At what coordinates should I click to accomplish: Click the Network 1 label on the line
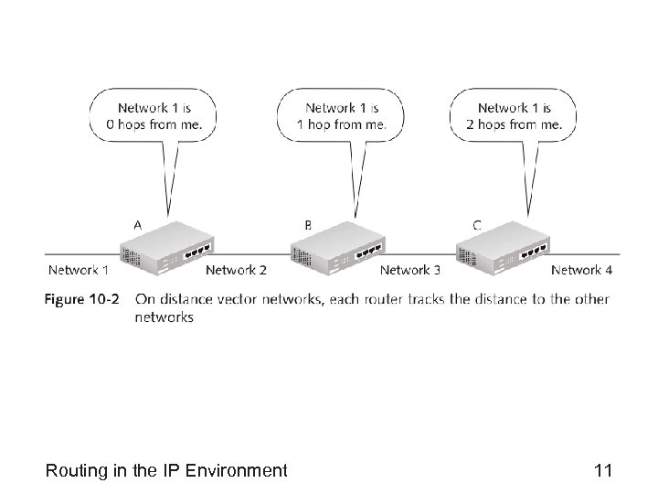click(x=79, y=270)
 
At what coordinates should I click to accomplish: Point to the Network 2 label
click(x=237, y=270)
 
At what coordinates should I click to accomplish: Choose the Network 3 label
click(x=410, y=270)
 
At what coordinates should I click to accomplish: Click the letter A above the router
click(x=137, y=224)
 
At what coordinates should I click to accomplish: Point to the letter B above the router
click(x=308, y=224)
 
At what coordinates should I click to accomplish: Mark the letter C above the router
click(x=477, y=224)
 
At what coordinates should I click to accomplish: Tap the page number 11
click(x=602, y=471)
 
